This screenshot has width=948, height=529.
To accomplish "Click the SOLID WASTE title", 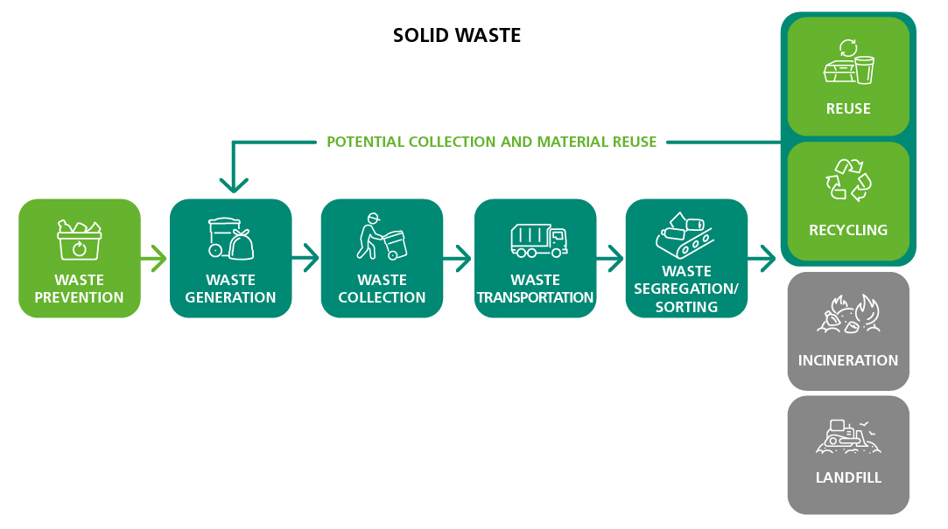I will tap(456, 36).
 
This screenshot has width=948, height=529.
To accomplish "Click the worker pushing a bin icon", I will tap(382, 237).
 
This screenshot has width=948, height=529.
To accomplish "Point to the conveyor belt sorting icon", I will tap(685, 233).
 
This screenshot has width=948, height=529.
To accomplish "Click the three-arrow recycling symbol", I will tap(848, 179).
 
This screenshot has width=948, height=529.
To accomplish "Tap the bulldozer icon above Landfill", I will tap(847, 435).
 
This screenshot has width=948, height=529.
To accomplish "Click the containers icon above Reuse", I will tap(848, 63).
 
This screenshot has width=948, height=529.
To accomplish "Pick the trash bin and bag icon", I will tap(230, 238).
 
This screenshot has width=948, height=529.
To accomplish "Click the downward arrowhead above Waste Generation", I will tap(234, 183).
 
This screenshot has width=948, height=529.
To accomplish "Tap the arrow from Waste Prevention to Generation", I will tap(154, 259).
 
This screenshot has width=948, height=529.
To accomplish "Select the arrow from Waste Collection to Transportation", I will tap(458, 259).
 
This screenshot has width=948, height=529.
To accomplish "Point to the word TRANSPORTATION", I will tap(535, 297).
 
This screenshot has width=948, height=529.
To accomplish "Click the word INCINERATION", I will tap(847, 360).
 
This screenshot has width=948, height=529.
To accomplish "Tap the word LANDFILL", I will tap(847, 477).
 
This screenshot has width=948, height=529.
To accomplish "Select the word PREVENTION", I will tap(79, 297).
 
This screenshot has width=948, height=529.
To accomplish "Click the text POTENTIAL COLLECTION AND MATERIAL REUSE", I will tap(491, 142).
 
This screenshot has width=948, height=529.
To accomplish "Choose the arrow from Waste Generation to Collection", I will tap(305, 259).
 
